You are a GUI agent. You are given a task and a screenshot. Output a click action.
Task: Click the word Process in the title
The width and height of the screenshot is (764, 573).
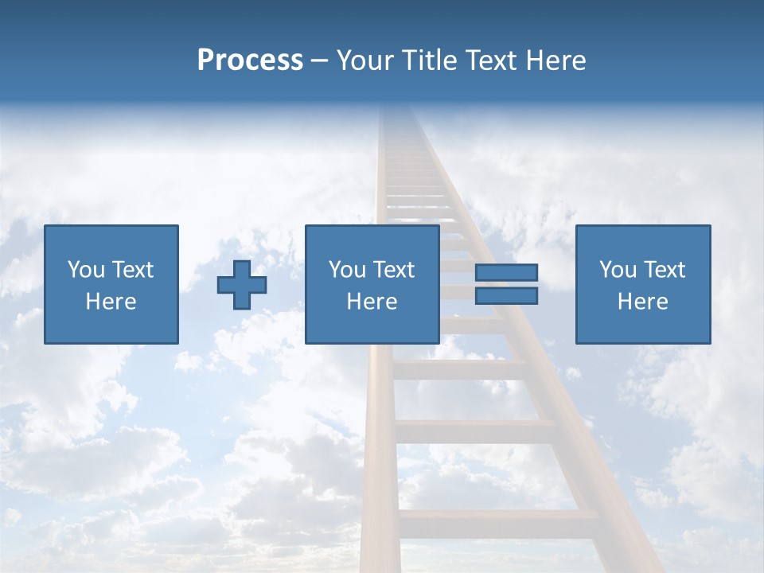250,60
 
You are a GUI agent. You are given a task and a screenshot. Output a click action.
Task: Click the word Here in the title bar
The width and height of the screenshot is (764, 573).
558,60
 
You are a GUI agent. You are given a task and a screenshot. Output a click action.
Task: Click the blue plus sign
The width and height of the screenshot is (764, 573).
242,285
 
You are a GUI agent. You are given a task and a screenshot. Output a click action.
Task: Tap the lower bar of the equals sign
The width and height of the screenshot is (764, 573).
506,296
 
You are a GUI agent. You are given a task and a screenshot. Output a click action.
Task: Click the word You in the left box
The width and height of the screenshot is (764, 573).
84,270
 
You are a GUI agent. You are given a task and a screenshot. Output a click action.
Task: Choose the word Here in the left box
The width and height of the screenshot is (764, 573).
111,302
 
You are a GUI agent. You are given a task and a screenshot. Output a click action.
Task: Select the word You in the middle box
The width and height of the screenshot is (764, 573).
346,270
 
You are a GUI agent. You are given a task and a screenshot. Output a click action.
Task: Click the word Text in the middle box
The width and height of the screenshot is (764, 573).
392,270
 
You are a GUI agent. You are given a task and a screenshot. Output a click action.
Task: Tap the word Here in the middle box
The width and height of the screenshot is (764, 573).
372,302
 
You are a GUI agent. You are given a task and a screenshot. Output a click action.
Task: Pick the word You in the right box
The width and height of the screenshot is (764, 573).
617,270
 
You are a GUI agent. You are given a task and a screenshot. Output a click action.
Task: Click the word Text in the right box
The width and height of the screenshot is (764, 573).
663,270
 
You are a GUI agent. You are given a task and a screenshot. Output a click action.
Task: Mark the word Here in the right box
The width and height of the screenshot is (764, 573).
642,302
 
